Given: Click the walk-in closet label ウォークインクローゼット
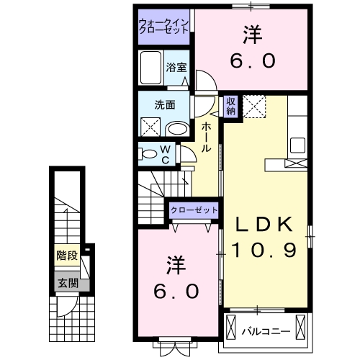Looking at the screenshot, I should coord(163,27).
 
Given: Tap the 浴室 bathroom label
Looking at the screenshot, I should coord(176,68).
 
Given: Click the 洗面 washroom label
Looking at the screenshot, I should coord(165,104).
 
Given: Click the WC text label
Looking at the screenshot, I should coord(165,153).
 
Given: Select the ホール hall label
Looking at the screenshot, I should coord(207,136).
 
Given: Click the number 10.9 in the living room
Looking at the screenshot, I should coord(264,250).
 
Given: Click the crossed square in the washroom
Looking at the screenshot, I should coord(151,128).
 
